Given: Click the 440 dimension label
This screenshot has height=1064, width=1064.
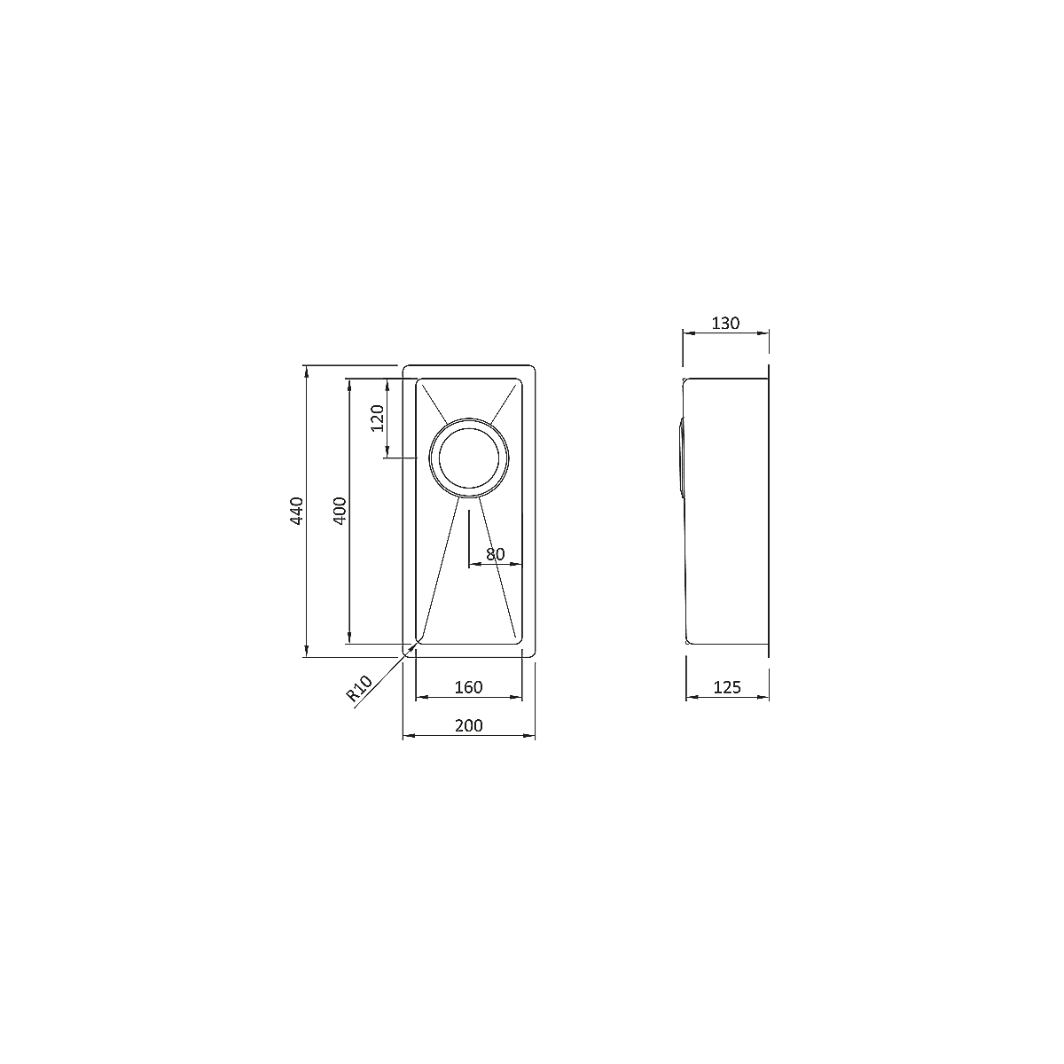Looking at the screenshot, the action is (x=297, y=511).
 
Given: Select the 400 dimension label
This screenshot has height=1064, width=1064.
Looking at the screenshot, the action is (x=340, y=511).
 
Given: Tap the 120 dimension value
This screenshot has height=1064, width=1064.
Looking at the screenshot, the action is (x=377, y=418).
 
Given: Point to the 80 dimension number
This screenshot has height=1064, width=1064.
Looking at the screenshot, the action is (x=496, y=554).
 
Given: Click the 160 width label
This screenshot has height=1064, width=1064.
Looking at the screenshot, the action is (x=468, y=687).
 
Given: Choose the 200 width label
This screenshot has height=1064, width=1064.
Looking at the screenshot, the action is (x=469, y=725).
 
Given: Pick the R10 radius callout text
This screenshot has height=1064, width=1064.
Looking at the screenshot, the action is (x=359, y=688).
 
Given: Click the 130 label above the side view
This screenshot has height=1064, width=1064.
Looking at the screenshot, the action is (x=725, y=323).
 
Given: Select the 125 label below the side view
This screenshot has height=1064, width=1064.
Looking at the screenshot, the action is (x=727, y=687).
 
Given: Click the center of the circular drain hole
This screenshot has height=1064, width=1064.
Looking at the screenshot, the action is (x=469, y=458).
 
